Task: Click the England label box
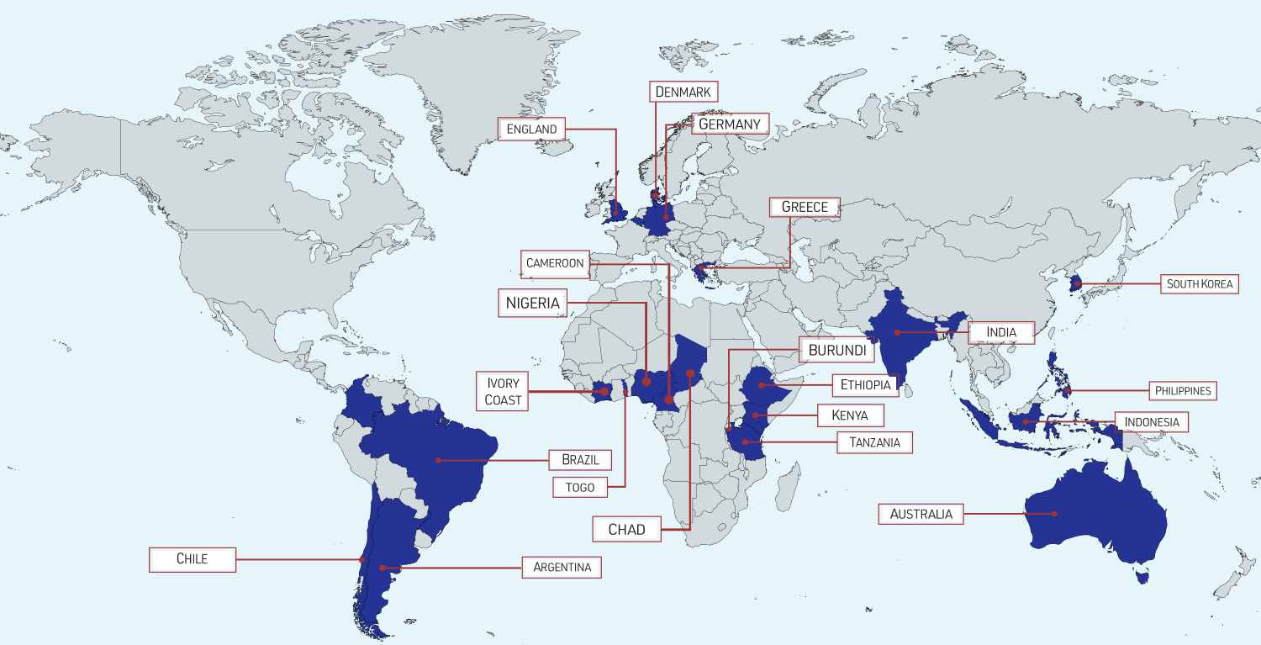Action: pos(532,130)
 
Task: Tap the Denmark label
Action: pos(683,92)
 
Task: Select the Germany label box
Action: pos(730,124)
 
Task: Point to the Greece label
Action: pos(805,208)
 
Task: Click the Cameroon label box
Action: pos(554,263)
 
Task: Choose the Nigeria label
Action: pos(532,303)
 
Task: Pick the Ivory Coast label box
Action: pos(503,392)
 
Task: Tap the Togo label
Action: pos(580,487)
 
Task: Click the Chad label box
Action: pos(627,529)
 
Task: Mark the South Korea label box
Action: pos(1199,284)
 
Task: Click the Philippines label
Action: pos(1182,391)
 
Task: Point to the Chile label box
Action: pos(192,559)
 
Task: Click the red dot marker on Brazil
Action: pos(438,460)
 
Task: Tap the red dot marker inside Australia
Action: pos(1053,513)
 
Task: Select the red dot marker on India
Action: pos(897,332)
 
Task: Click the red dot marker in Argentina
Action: pos(383,568)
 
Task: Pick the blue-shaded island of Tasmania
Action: pos(1141,577)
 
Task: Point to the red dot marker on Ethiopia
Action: pos(760,385)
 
